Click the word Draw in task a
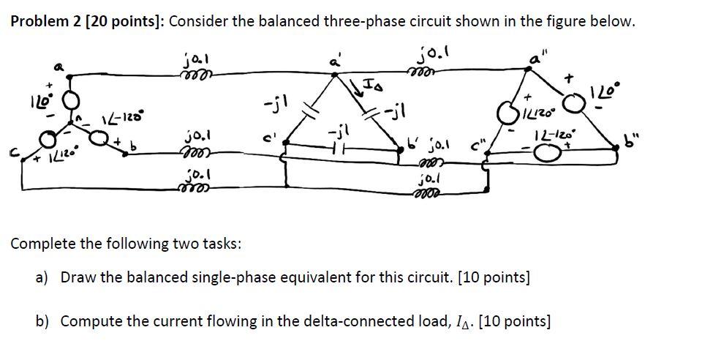coord(76,278)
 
